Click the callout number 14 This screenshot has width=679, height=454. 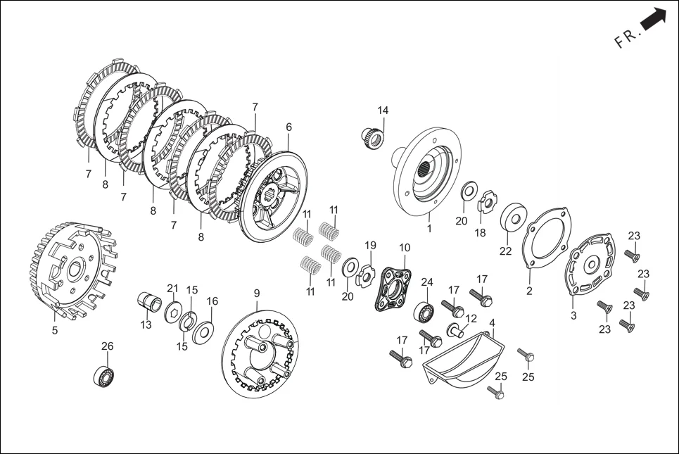(383, 110)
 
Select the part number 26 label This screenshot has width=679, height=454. (108, 346)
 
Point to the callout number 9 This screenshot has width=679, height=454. (257, 293)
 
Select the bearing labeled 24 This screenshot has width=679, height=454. (424, 312)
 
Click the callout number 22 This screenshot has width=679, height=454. (505, 251)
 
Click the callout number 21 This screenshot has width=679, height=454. (173, 288)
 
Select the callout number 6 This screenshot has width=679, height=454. (288, 127)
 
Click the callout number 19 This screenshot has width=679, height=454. (370, 246)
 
